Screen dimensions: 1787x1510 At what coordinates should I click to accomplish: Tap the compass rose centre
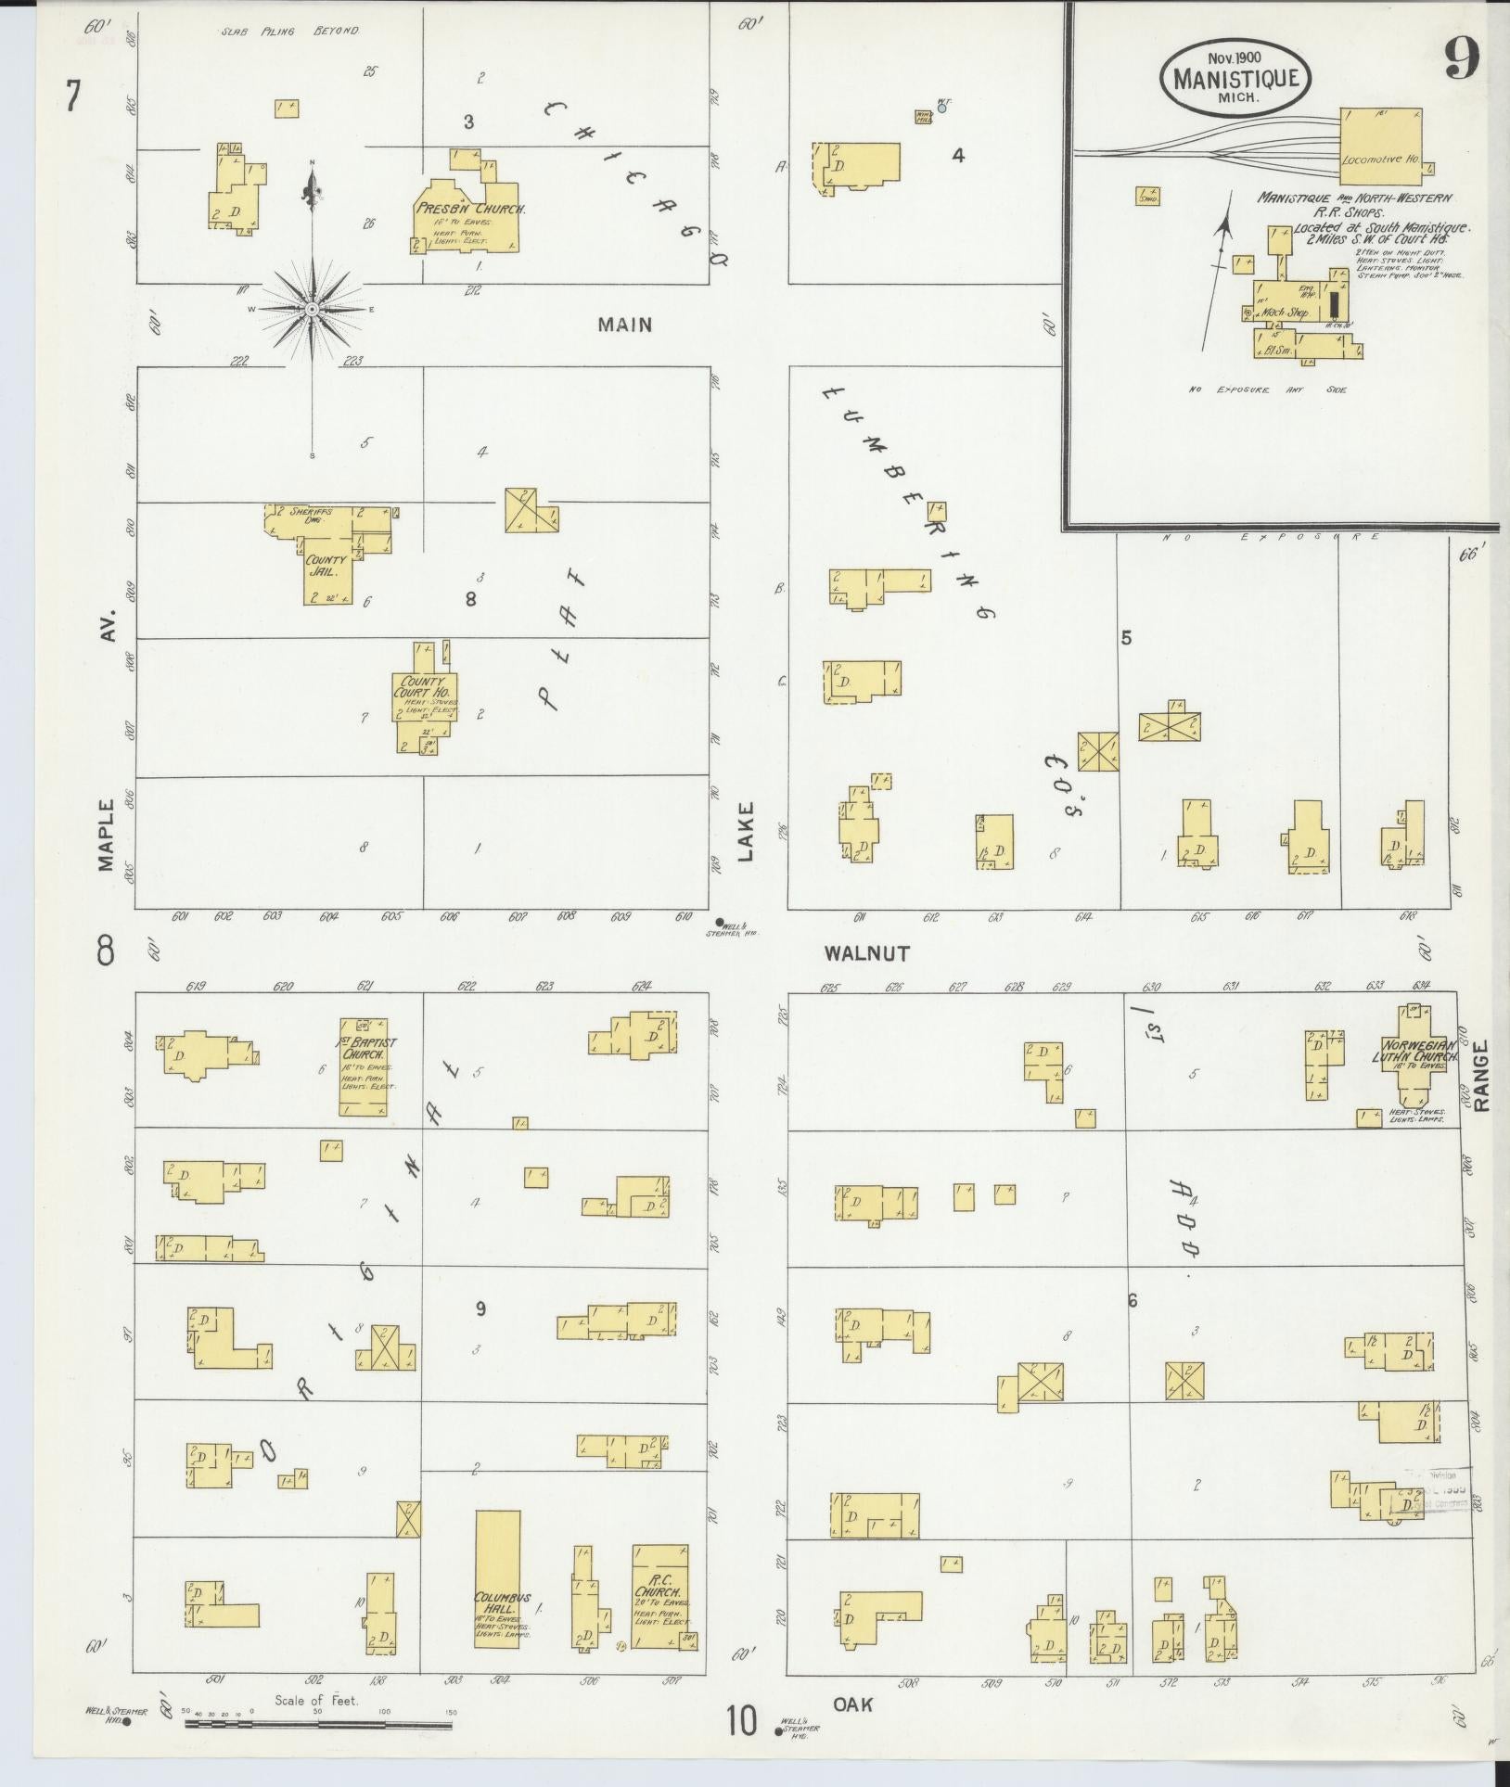click(313, 308)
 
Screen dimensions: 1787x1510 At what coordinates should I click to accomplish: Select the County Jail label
click(326, 566)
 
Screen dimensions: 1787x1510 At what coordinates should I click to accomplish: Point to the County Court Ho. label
click(423, 688)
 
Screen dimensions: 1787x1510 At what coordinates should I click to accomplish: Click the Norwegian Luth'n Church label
click(1414, 1051)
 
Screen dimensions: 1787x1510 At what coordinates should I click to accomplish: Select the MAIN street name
click(624, 325)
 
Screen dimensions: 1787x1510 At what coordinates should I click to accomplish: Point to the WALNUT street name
click(866, 952)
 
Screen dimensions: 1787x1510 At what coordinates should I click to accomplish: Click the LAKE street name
click(748, 832)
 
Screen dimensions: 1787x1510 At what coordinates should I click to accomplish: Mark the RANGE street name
click(1479, 1075)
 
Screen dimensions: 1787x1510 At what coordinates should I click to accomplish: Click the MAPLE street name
click(105, 835)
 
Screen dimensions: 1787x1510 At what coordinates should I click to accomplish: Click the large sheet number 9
click(1461, 62)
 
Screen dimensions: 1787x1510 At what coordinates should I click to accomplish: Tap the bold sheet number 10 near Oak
click(742, 1720)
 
